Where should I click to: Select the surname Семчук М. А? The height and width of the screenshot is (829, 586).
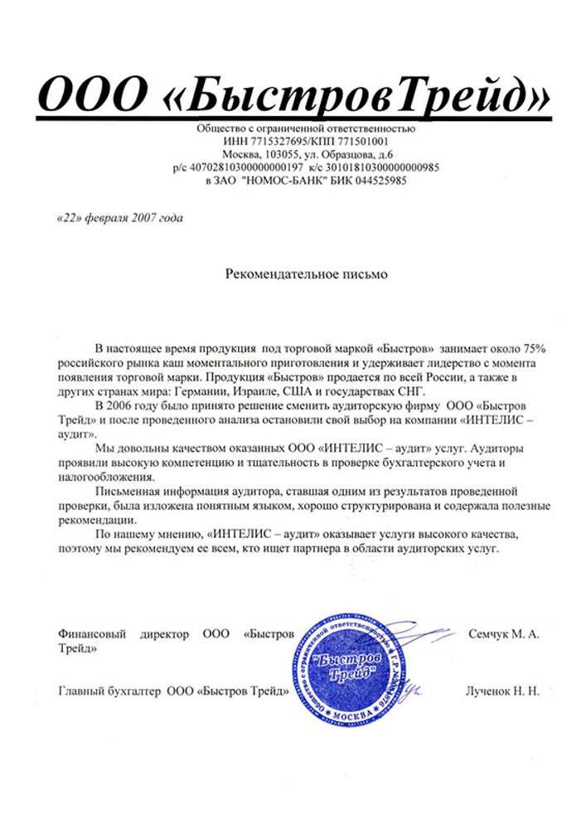click(504, 634)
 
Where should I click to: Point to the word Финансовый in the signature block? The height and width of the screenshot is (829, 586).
click(92, 634)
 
